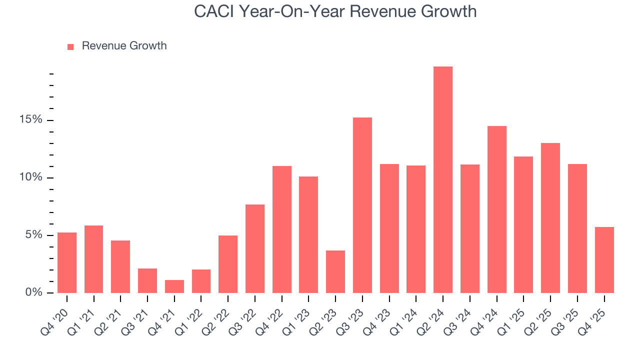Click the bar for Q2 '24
pos(443,180)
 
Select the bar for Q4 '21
pos(174,286)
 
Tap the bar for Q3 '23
pos(362,205)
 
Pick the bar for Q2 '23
pos(335,271)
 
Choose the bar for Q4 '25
pos(604,260)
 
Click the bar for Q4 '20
pos(67,262)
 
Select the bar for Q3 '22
pos(255,248)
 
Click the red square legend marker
pos(70,47)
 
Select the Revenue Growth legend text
pos(124,46)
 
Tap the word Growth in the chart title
pos(450,11)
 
